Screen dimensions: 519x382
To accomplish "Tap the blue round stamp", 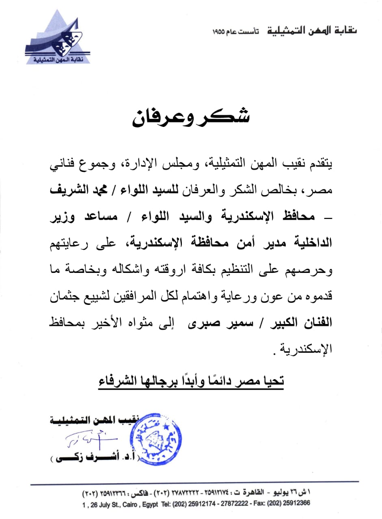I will pos(155,439).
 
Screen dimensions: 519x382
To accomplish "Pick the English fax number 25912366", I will pos(296,503).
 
